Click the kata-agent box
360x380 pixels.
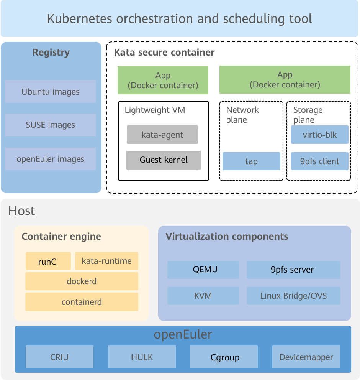click(162, 135)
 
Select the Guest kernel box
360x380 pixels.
click(164, 160)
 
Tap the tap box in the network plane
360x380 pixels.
click(251, 161)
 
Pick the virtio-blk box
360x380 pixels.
click(319, 135)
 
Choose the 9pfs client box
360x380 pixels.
click(319, 161)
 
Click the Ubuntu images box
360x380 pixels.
click(50, 92)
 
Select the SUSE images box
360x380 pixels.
click(50, 125)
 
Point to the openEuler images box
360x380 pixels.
click(50, 159)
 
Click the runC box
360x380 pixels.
click(48, 261)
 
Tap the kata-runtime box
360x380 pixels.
click(106, 261)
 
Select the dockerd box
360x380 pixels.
click(82, 281)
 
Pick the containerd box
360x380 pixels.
click(82, 302)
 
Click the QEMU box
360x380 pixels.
click(203, 270)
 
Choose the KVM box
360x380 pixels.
click(203, 296)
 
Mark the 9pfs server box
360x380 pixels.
click(293, 270)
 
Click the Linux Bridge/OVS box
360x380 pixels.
click(293, 296)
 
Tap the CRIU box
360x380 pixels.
click(59, 357)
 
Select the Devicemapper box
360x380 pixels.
click(306, 357)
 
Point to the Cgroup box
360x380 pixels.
click(225, 357)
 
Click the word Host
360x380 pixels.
click(22, 211)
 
